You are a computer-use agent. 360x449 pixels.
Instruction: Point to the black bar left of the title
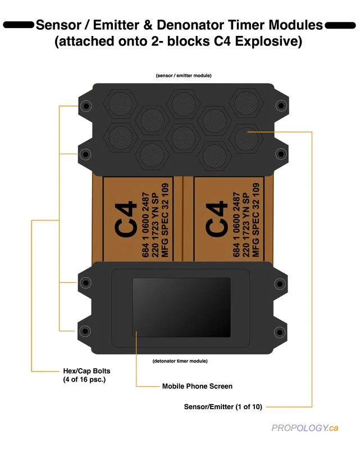[19, 25]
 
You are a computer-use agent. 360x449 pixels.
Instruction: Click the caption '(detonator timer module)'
[180, 360]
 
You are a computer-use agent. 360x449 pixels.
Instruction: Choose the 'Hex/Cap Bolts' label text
[86, 371]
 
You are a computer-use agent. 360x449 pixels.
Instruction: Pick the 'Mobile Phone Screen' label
[197, 386]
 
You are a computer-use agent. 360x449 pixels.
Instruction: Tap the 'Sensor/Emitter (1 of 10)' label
[223, 406]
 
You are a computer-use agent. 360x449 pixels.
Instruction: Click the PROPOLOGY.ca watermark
[305, 428]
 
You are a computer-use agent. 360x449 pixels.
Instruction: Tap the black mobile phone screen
[181, 305]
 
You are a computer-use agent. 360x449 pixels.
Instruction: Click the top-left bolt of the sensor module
[85, 106]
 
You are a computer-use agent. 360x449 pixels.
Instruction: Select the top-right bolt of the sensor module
[281, 106]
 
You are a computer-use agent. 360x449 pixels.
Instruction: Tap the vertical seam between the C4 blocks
[183, 219]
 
